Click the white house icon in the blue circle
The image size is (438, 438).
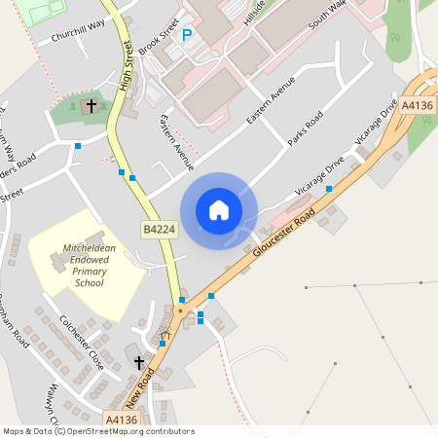pos(219,210)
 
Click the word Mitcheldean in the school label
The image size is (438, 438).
pos(89,249)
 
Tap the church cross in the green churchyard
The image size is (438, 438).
pos(92,104)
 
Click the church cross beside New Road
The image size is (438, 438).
pos(139,363)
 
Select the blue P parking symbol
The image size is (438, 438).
pos(188,35)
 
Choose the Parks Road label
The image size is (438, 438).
pos(306,131)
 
